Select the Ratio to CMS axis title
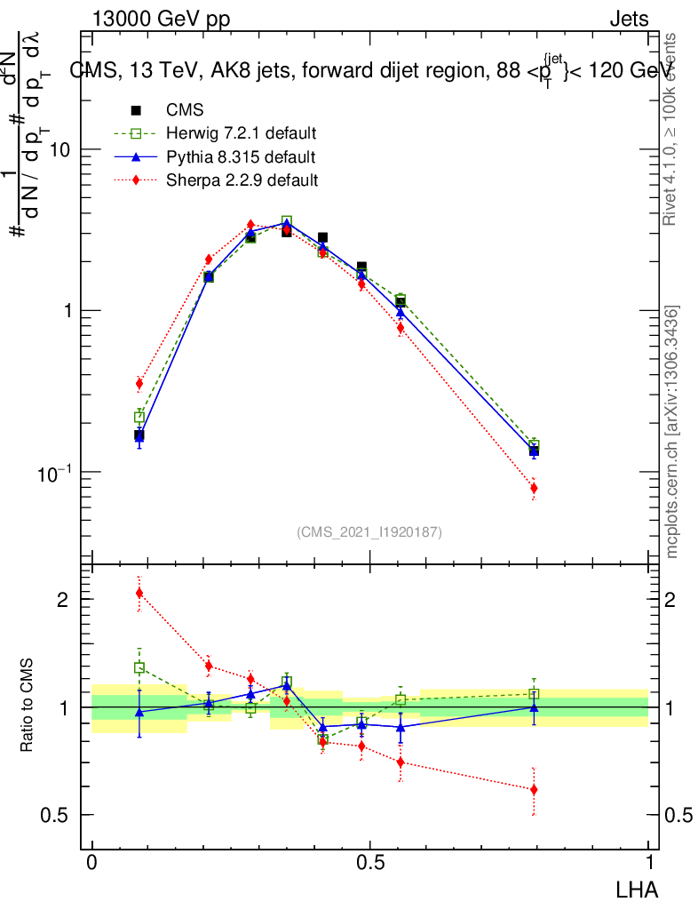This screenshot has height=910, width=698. pos(28,707)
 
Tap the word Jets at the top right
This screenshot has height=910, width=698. pos(629,20)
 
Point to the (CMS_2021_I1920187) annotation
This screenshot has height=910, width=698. pos(369,531)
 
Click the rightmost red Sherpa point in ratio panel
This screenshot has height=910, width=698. pos(534,789)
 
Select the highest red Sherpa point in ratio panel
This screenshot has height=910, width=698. pos(139,593)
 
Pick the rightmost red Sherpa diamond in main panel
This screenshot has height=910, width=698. pos(534,488)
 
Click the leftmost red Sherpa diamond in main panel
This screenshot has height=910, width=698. pos(139,384)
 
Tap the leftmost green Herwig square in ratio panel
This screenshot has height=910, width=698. pos(139,667)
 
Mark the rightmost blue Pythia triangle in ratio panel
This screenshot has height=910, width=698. pos(534,707)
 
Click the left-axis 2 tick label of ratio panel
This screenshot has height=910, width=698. pos(61,599)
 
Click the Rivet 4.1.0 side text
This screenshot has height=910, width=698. pos(673,129)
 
